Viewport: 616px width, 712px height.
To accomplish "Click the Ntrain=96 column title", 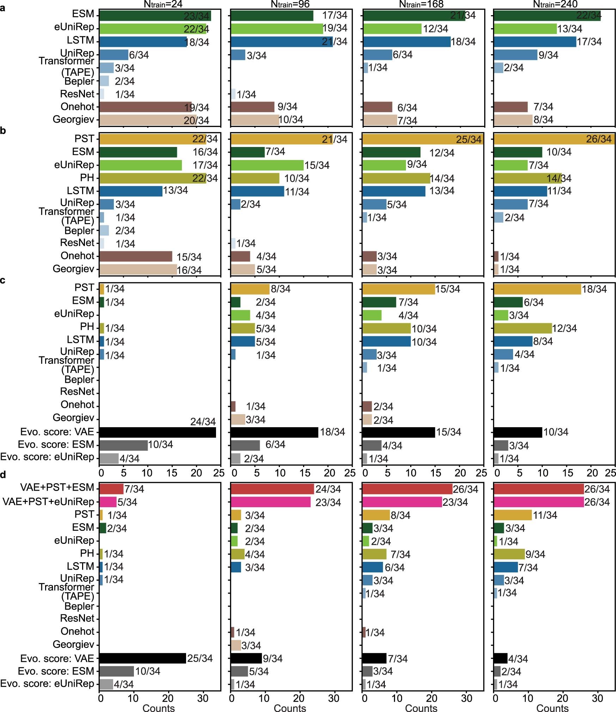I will [x=290, y=4].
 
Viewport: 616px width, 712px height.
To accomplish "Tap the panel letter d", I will [x=3, y=475].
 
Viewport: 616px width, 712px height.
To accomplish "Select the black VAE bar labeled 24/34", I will [x=157, y=432].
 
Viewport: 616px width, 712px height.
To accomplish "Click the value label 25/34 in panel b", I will [x=469, y=140].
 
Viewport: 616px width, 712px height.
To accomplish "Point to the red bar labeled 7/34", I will [x=111, y=489].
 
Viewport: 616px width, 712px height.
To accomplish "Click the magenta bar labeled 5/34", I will [x=108, y=502].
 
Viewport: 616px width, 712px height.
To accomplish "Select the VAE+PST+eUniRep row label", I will [x=48, y=502].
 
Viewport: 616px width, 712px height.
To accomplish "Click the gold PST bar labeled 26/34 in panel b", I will [x=554, y=139].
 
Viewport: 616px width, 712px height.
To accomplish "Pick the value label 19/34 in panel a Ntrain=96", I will [x=335, y=28].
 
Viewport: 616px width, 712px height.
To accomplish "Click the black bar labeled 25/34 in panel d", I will [x=142, y=658].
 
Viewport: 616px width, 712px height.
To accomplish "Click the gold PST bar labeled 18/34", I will [x=537, y=289].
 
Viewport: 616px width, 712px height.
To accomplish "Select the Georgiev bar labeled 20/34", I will [x=147, y=120].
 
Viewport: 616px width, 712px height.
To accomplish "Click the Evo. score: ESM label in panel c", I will [x=56, y=444].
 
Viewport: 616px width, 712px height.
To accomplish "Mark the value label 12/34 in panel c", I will [x=565, y=329].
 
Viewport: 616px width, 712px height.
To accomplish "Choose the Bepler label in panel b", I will [x=79, y=231].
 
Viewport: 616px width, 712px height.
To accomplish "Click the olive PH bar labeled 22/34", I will [x=152, y=178].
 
